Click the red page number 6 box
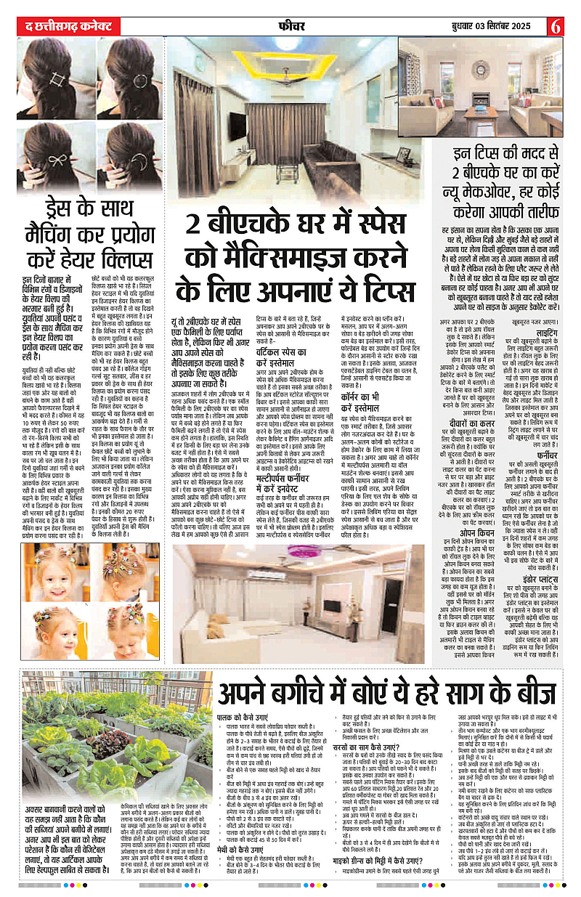[556, 25]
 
